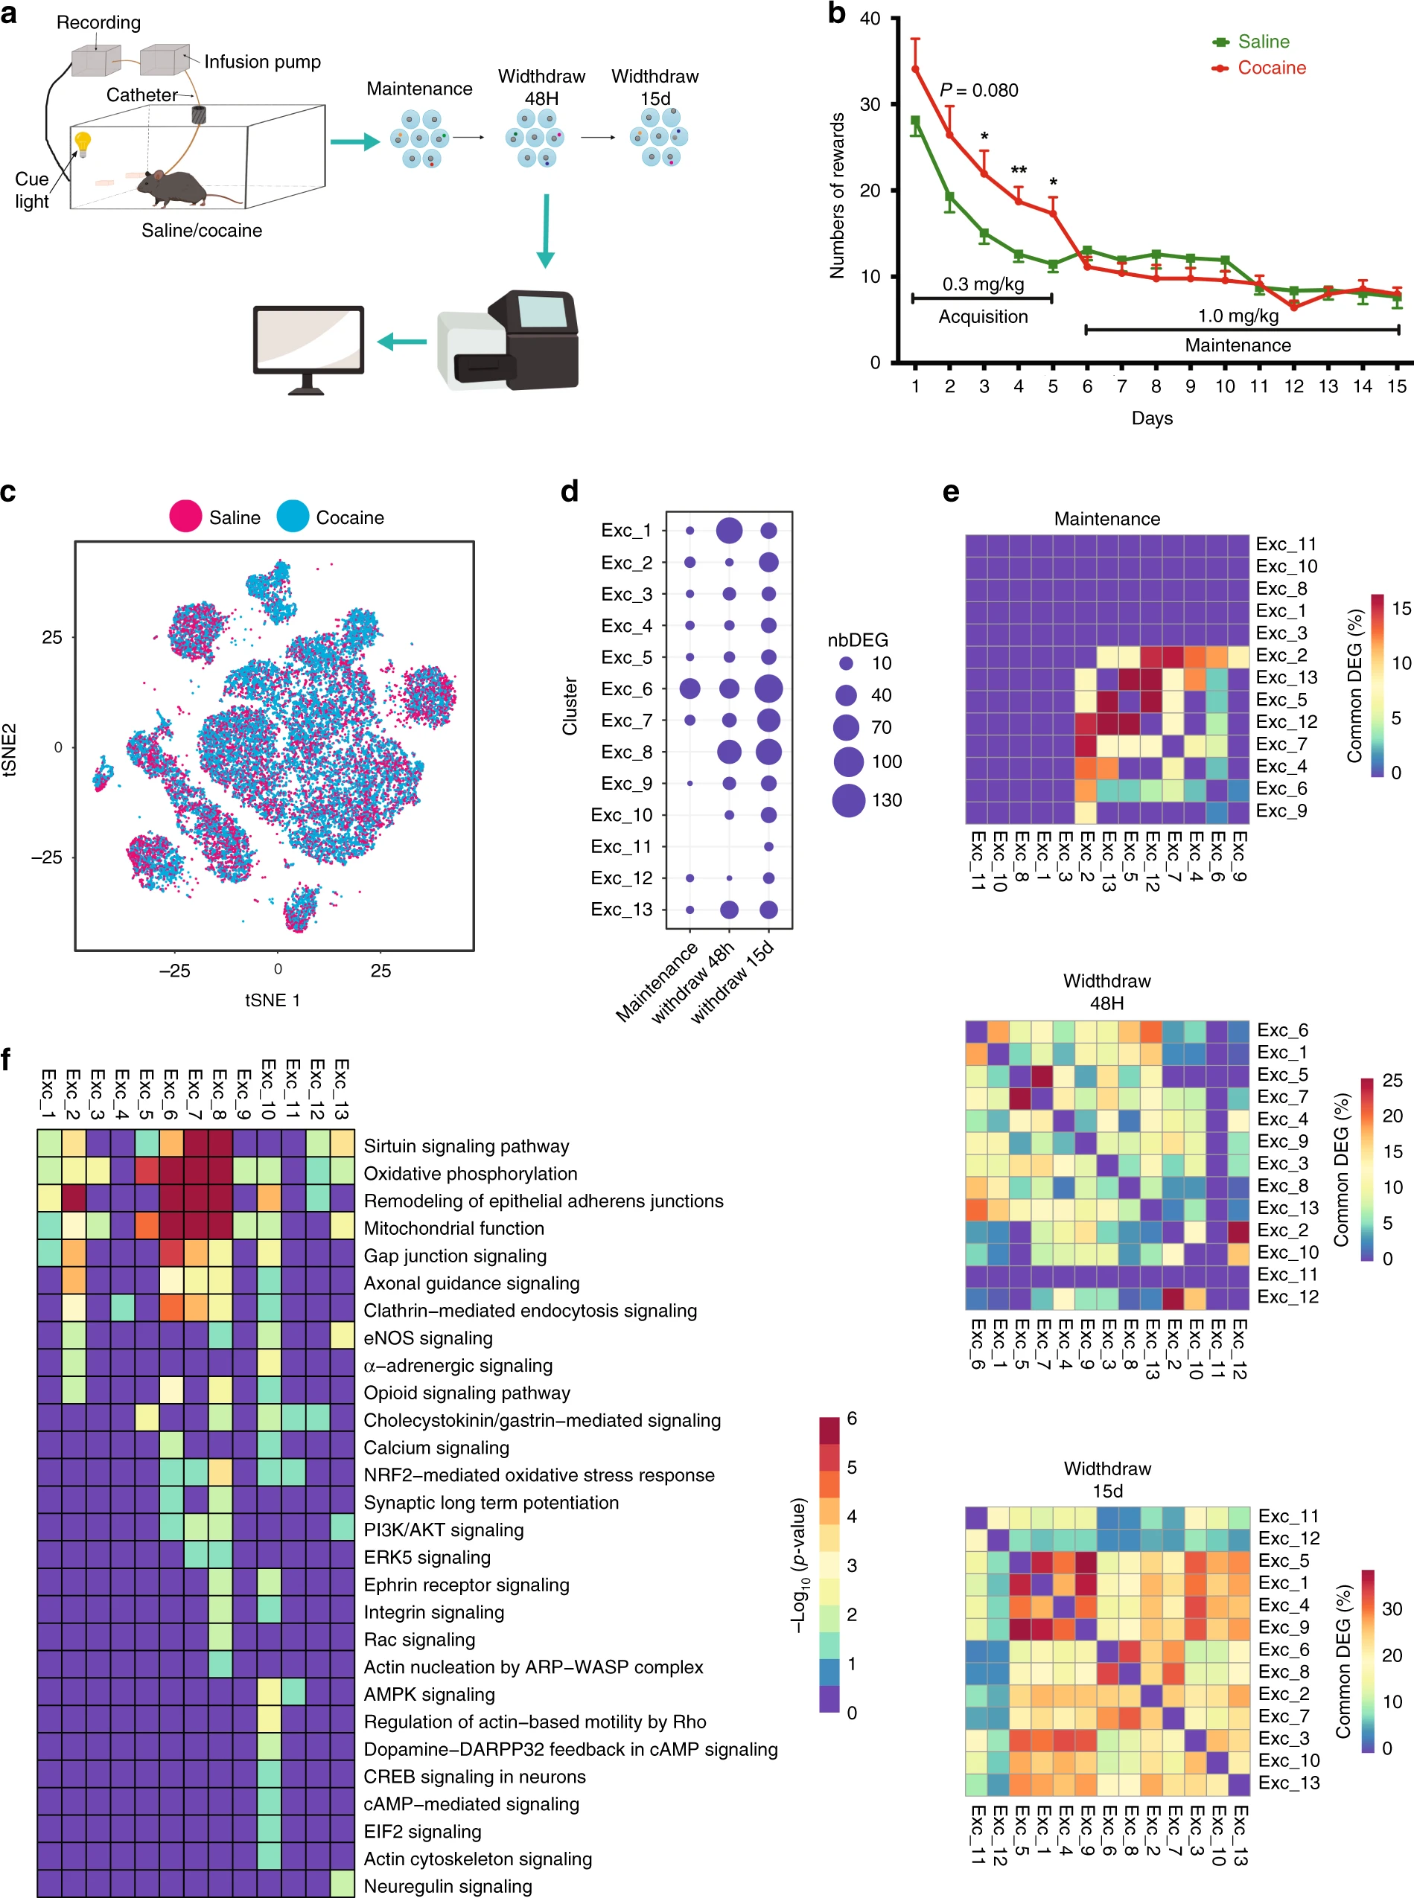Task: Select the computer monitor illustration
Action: (x=308, y=345)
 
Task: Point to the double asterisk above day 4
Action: (x=1019, y=170)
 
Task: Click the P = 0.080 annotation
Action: (x=978, y=90)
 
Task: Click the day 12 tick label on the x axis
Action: (x=1293, y=386)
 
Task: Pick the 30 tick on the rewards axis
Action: (x=870, y=104)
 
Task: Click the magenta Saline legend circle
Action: (x=185, y=517)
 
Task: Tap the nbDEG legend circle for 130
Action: (x=848, y=800)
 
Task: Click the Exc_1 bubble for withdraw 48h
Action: (x=728, y=531)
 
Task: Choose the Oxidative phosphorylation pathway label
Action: (x=470, y=1173)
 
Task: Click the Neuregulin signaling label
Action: (x=448, y=1885)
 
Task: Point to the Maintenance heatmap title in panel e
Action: (x=1106, y=519)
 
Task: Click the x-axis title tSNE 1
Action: (x=273, y=1000)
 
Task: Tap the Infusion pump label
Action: (x=262, y=62)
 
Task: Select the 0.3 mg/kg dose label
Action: (x=983, y=284)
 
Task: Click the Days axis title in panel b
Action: (x=1151, y=418)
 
